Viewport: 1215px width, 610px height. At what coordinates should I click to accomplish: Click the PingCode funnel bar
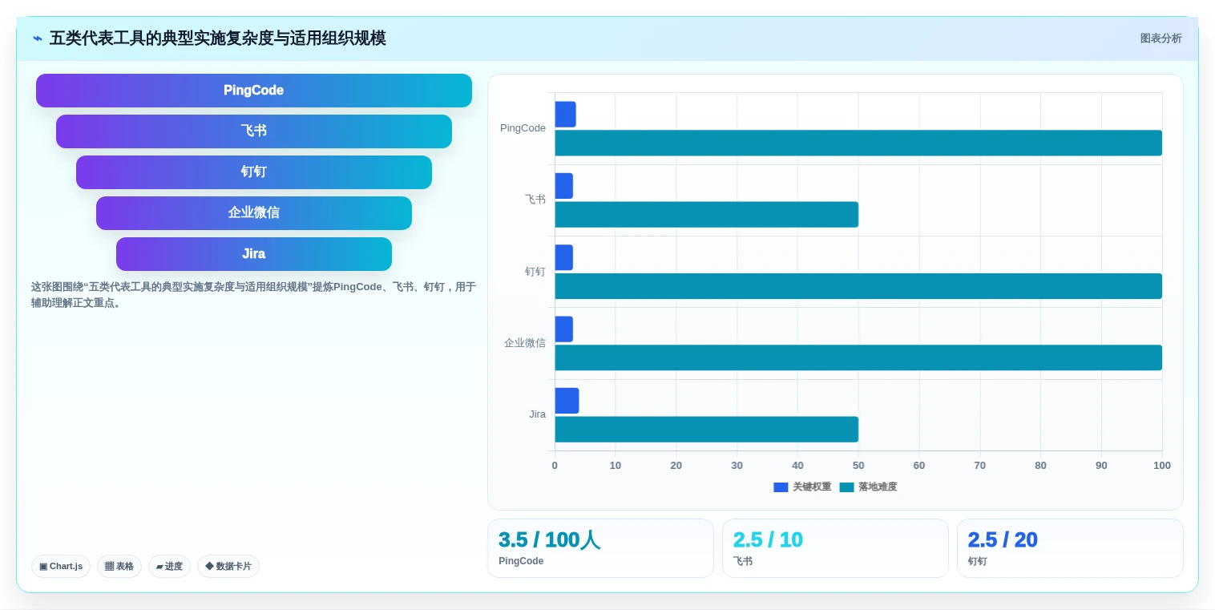(x=254, y=90)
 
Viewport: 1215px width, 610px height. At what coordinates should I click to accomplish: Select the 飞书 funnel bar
(x=254, y=131)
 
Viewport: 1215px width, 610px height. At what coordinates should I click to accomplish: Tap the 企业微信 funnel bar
(x=254, y=212)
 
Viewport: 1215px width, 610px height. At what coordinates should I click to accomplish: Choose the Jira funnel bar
(x=254, y=253)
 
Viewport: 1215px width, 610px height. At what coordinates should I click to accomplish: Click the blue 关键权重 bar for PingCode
(x=565, y=114)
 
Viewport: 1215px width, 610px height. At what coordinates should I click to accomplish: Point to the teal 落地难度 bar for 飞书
(x=706, y=214)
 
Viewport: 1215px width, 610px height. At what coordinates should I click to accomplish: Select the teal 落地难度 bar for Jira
(x=706, y=430)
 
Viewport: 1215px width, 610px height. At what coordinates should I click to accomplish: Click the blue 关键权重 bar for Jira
(x=567, y=401)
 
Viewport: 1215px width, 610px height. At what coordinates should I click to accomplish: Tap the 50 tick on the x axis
(x=858, y=465)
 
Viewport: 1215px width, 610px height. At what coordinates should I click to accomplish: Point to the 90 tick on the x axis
(x=1101, y=465)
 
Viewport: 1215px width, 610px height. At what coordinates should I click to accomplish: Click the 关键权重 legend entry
(x=802, y=487)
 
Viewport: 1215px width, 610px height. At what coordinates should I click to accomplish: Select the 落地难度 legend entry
(x=869, y=487)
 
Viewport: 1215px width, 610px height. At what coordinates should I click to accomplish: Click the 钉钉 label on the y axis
(x=535, y=272)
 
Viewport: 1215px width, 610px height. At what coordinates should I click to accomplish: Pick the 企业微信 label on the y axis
(x=524, y=343)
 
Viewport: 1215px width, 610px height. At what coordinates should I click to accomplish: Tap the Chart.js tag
(x=61, y=566)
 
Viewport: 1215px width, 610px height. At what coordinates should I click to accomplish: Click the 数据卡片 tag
(x=228, y=566)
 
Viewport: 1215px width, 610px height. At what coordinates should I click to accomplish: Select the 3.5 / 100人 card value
(x=549, y=540)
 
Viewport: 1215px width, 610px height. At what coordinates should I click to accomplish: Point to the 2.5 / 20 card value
(x=1003, y=540)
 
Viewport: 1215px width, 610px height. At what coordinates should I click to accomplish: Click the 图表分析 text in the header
(x=1161, y=38)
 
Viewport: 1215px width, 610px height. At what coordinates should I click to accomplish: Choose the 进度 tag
(x=169, y=566)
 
